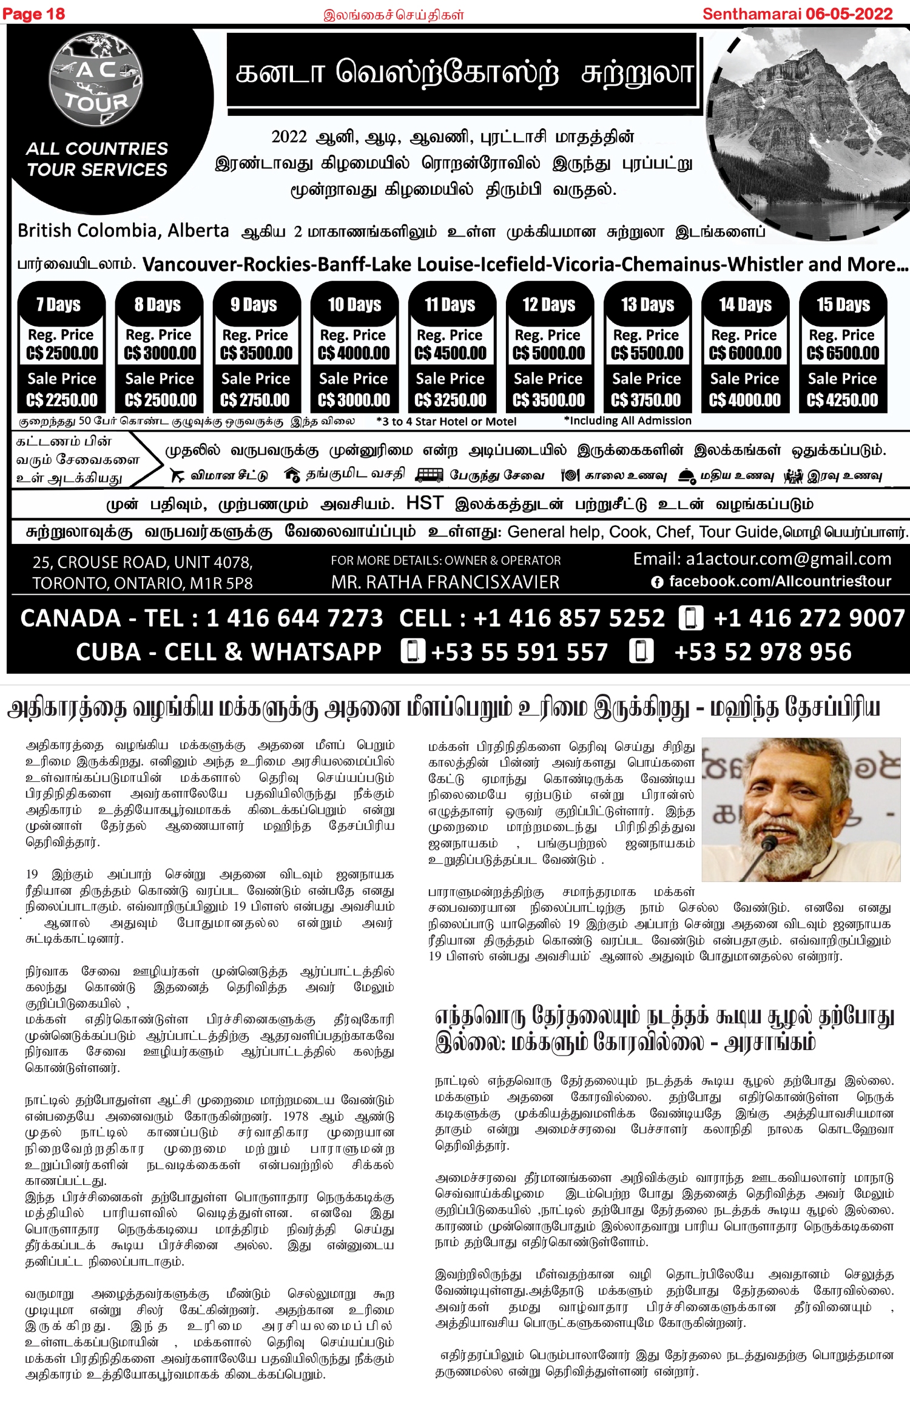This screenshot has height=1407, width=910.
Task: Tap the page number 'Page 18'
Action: coord(33,14)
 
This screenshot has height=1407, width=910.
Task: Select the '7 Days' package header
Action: coord(59,304)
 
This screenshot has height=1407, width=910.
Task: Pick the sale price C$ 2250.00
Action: coord(62,400)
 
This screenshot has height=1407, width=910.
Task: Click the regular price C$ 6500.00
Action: coord(843,353)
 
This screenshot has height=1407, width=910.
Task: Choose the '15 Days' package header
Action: coord(843,304)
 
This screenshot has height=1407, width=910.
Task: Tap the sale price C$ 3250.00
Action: coord(450,400)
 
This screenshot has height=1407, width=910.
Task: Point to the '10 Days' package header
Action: coord(354,304)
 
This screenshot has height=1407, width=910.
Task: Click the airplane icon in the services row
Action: coord(178,475)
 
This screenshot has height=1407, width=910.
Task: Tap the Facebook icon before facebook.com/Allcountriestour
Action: coord(656,582)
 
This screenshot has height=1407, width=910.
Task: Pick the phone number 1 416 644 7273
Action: coord(295,618)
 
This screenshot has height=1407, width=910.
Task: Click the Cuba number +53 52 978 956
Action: coord(763,652)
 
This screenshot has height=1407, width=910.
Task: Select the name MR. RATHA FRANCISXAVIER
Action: coord(445,582)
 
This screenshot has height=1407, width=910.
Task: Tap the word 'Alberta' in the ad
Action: coord(198,231)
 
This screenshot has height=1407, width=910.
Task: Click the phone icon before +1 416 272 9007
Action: coord(691,618)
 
